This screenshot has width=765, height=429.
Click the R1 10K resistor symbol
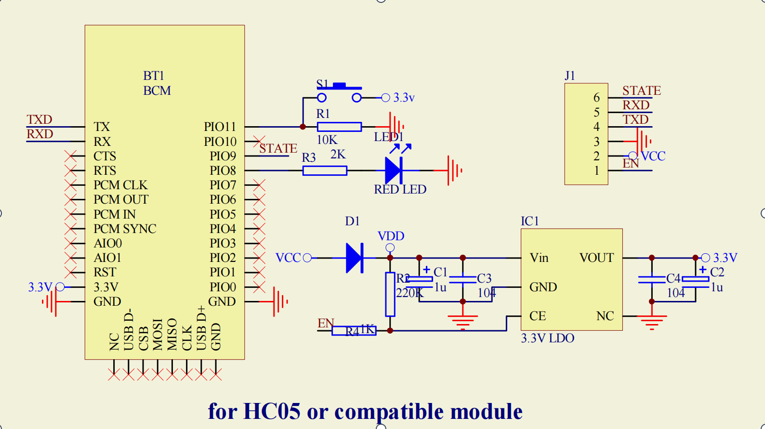click(x=339, y=127)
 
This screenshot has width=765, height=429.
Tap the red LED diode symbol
click(x=394, y=170)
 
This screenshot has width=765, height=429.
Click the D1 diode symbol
click(x=355, y=258)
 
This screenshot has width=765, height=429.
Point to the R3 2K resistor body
click(x=325, y=170)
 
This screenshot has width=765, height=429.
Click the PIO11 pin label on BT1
click(x=220, y=127)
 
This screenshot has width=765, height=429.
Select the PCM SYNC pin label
click(x=125, y=229)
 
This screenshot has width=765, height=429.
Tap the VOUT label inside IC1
click(x=596, y=258)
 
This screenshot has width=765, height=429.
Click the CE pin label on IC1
click(x=538, y=316)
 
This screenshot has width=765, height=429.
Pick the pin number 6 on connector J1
click(x=596, y=98)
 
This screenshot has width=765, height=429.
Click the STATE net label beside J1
click(x=641, y=91)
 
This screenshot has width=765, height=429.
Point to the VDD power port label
click(x=391, y=236)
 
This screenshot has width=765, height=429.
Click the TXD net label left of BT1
click(x=39, y=119)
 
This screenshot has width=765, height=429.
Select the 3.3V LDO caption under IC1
click(x=547, y=338)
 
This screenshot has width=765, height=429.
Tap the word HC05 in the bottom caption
click(x=272, y=412)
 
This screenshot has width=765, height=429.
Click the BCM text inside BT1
click(x=157, y=91)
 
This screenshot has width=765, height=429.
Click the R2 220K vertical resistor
click(x=390, y=294)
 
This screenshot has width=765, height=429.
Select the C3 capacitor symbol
click(x=463, y=279)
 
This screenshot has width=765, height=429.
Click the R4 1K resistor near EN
click(x=354, y=331)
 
